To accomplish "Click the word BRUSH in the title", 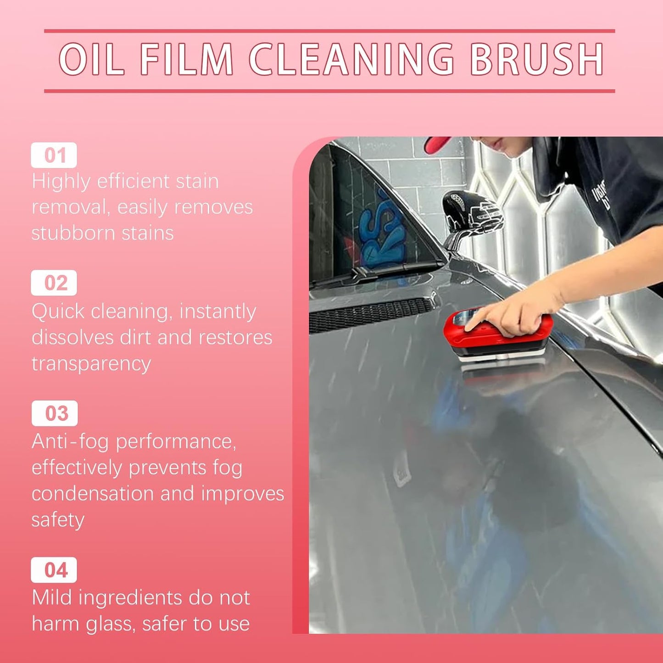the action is pos(537,59).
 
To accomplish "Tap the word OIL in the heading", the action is pos(91,59).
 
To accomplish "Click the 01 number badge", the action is pos(54,155).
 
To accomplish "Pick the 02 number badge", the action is pos(54,283).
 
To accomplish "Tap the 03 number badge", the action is pos(54,413).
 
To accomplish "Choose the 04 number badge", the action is pos(54,570).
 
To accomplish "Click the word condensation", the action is pos(92,493).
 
